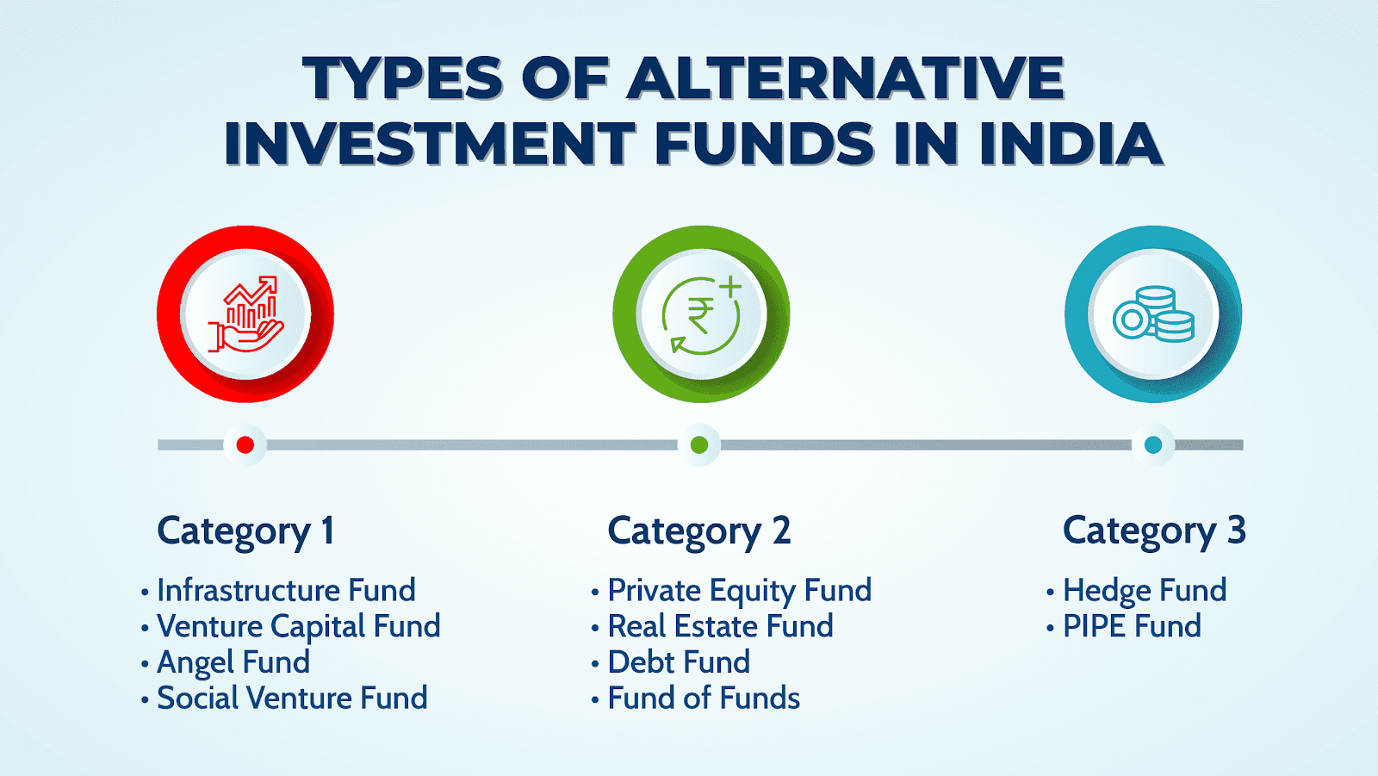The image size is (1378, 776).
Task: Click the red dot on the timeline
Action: coord(245,444)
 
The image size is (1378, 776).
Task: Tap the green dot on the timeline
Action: coord(698,444)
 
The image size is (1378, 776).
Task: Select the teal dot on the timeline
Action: coord(1153,444)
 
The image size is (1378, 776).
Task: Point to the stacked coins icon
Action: coord(1153,314)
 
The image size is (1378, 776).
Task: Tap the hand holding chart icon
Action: coord(246,314)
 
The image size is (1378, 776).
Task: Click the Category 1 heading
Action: coord(246,531)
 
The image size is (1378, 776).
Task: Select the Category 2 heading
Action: coord(698,531)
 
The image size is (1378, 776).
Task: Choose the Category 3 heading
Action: coord(1154,531)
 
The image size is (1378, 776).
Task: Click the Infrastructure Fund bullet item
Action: coord(286,590)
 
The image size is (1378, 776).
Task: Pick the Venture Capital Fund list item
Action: coord(298,626)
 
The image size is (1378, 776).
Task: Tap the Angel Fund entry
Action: coord(233,662)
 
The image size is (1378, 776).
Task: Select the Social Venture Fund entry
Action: coord(292,698)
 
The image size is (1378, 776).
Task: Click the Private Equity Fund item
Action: coord(740,591)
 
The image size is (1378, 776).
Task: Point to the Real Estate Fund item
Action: coord(720,626)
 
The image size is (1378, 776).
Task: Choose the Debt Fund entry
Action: coord(680,662)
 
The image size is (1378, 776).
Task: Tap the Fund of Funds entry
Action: coord(704,698)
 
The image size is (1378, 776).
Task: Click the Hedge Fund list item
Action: coord(1145,590)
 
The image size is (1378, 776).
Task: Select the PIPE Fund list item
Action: coord(1132,626)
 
